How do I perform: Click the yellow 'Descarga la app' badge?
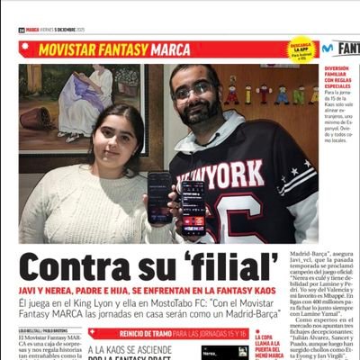coord(301,49)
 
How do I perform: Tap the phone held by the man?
coord(193,205)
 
